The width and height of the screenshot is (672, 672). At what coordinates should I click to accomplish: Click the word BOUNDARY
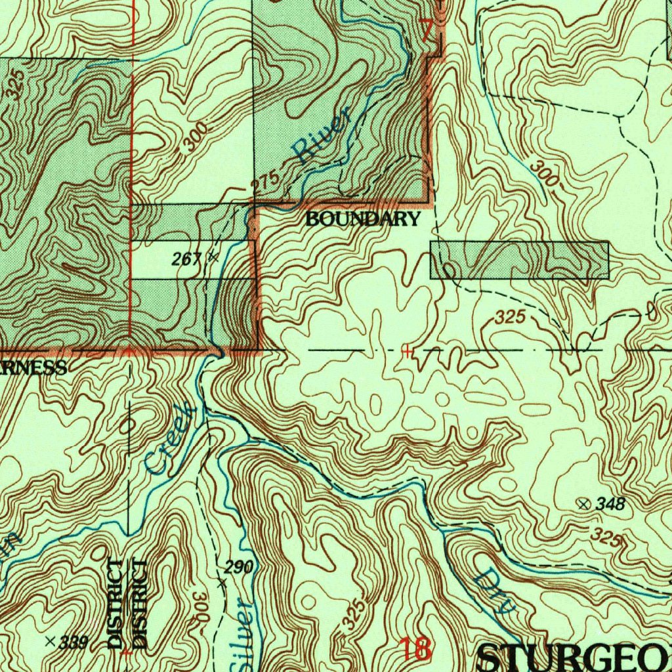point(362,220)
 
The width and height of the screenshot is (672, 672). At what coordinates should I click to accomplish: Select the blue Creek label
point(170,439)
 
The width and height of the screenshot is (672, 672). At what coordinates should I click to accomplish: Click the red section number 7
point(427,30)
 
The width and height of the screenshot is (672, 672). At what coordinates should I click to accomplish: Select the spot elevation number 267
point(186,259)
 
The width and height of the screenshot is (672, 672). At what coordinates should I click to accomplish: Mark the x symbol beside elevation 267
point(212,257)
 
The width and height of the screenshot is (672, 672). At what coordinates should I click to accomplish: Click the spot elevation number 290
point(239,567)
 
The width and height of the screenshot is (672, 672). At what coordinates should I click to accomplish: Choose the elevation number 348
point(610,504)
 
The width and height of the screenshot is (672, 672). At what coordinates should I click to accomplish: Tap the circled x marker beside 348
point(583,503)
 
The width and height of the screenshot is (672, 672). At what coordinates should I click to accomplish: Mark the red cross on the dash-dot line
point(408,352)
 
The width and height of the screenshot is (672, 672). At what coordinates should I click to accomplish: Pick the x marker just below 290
point(222,582)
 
